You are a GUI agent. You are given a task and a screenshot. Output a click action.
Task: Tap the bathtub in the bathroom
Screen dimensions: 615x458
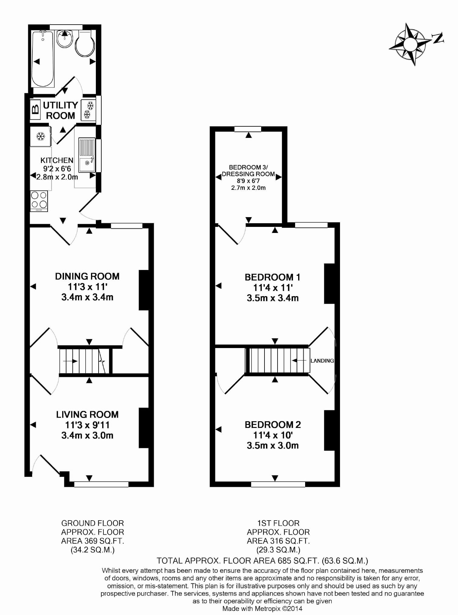coord(43,59)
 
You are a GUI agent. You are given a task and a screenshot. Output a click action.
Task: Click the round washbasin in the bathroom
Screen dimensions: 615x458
coord(64,39)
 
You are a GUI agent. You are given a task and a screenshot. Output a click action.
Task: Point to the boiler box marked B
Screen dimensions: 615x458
coord(35,109)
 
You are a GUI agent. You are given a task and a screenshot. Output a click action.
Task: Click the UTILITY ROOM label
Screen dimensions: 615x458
coord(60,110)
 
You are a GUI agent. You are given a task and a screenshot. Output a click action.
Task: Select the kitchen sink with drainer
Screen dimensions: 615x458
coord(87,155)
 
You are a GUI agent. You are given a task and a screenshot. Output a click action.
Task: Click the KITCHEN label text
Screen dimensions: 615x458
coord(57,160)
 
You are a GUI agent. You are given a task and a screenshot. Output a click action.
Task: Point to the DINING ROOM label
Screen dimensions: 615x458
coord(87,276)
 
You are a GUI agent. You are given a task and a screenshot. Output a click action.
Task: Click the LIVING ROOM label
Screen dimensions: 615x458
coord(87,415)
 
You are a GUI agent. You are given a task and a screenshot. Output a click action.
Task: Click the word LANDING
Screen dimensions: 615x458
coord(322,361)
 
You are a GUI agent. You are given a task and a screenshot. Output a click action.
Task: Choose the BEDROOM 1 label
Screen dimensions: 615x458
coord(272,277)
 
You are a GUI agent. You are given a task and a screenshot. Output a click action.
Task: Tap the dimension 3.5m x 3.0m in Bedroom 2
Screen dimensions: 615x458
coord(273,446)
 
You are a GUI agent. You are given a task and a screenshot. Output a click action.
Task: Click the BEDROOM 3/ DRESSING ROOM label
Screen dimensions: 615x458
coord(248,171)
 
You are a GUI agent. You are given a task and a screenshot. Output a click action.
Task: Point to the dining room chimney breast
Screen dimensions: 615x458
coord(144,290)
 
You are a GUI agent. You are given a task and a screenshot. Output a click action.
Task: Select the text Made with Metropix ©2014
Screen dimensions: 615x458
coord(262,609)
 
